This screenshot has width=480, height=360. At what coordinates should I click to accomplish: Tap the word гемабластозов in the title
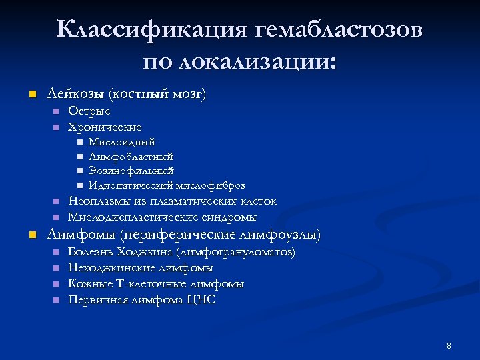click(x=338, y=30)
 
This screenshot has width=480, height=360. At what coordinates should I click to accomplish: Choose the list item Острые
click(x=89, y=111)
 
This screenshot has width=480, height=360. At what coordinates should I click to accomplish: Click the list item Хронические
click(x=105, y=127)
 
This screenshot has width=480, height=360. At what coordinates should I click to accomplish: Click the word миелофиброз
click(x=211, y=185)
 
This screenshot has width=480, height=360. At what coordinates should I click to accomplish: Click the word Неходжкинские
click(x=111, y=268)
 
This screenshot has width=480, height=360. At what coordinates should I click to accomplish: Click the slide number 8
click(x=449, y=345)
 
